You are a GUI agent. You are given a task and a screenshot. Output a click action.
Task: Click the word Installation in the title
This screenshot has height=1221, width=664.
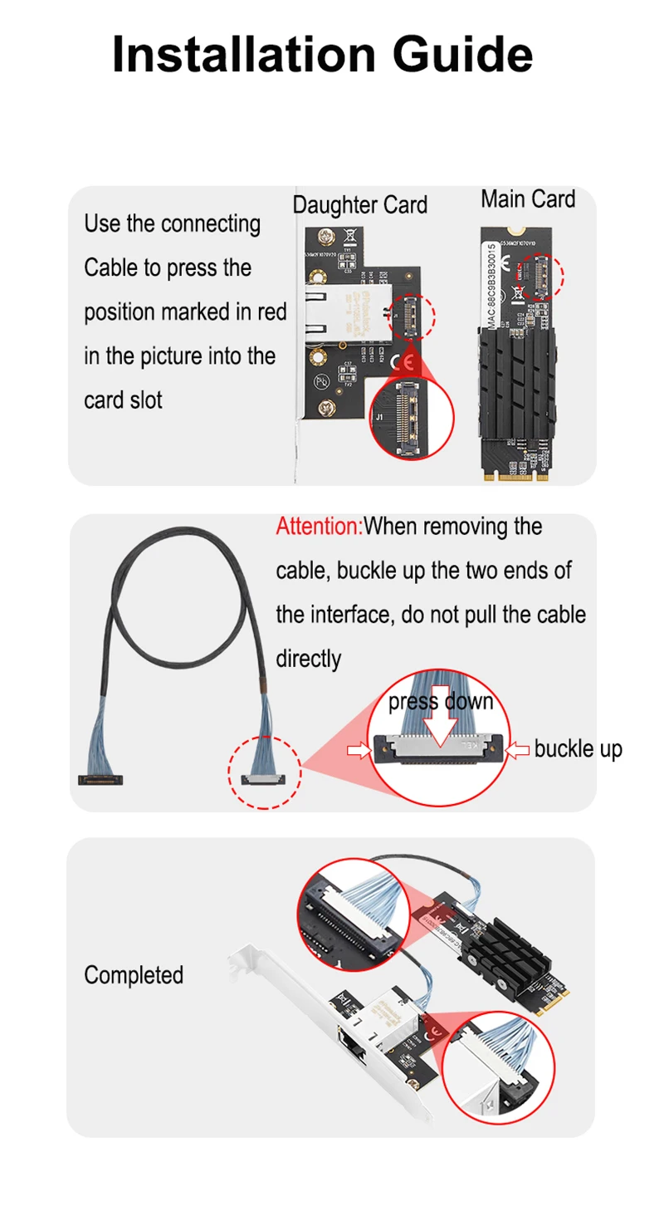point(243,54)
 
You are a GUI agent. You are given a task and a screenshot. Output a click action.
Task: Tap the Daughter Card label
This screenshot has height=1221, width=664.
point(360,204)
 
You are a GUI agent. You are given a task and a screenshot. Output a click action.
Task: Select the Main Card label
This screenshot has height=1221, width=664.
point(528,199)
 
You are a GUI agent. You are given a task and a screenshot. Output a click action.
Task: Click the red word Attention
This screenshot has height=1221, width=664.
point(318,526)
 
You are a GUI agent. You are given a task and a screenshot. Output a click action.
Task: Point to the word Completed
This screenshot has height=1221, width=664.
point(134,974)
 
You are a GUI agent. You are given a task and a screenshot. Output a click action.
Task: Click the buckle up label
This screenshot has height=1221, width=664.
point(578,748)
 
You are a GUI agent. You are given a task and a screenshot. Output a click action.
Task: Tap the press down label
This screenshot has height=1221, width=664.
point(441,702)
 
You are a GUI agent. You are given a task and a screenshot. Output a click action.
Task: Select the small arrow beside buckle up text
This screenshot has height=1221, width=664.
point(518,750)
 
